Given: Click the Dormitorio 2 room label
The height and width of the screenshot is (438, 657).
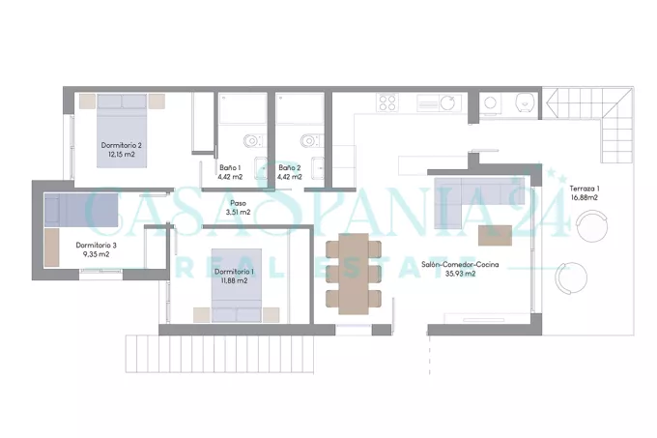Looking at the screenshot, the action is (x=121, y=145).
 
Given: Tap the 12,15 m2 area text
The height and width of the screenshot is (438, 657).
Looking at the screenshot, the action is (x=122, y=155).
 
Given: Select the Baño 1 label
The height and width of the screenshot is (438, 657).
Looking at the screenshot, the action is (x=230, y=167).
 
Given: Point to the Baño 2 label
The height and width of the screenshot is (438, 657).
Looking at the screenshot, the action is (x=290, y=167).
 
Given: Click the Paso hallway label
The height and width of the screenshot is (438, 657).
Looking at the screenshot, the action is (x=238, y=203).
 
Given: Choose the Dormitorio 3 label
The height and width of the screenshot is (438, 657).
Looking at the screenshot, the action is (x=96, y=246).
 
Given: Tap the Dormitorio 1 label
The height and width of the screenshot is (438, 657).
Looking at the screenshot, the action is (x=234, y=272).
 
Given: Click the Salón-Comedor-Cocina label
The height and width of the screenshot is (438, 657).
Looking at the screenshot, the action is (x=460, y=265).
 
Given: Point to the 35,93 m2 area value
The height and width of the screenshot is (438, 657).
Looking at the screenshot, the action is (x=460, y=274).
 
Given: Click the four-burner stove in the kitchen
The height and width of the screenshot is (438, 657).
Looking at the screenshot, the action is (x=387, y=102).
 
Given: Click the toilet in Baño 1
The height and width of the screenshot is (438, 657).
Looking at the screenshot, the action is (x=253, y=140).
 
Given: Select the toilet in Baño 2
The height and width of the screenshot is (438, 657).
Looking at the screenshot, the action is (x=312, y=140).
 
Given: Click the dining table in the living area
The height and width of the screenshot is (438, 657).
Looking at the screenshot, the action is (x=354, y=274).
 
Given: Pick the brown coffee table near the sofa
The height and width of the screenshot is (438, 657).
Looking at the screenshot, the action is (x=495, y=236).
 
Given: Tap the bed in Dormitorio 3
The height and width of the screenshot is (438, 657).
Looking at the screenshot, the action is (x=81, y=210).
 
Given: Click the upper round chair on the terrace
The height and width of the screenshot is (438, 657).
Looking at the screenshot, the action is (x=591, y=226).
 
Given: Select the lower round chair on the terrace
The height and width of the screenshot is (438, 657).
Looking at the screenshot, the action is (x=571, y=277).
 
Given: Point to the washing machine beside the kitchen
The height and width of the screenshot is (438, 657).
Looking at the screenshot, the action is (x=490, y=102).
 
